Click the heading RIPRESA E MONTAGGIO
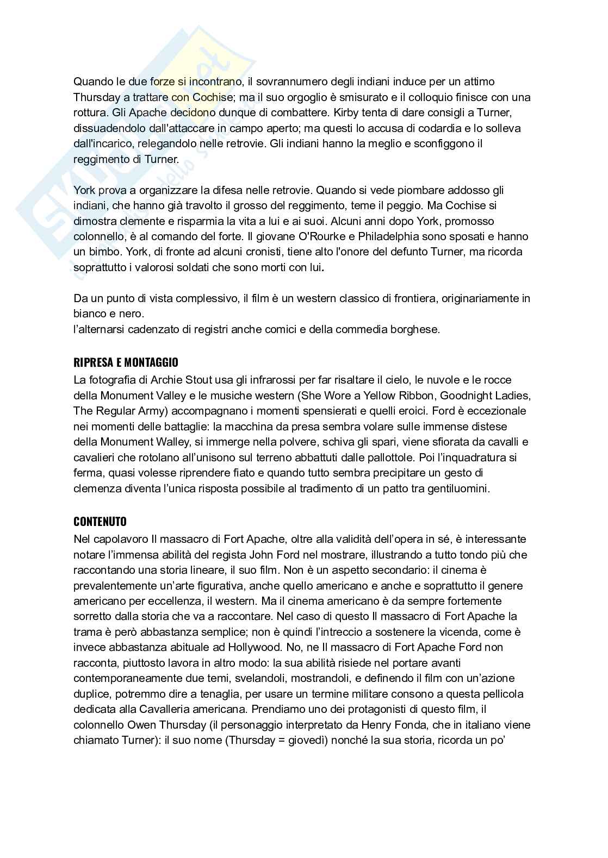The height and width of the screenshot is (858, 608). point(126,362)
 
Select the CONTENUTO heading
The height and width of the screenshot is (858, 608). point(100,522)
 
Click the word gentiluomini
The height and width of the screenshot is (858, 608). point(458,489)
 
